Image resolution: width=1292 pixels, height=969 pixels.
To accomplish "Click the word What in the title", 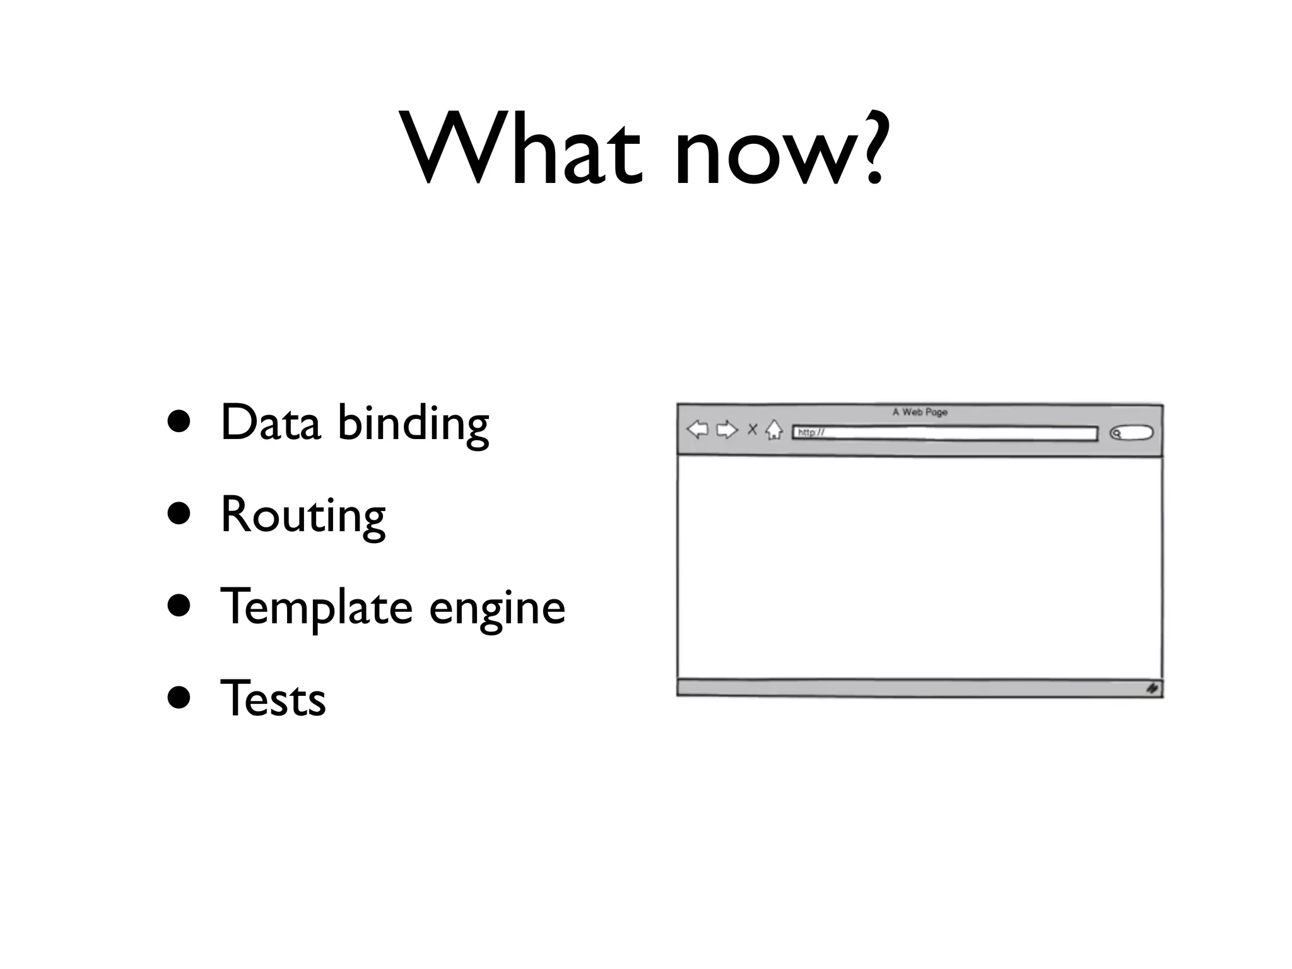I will tap(524, 151).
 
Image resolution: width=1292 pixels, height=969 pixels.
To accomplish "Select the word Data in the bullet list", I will tap(270, 422).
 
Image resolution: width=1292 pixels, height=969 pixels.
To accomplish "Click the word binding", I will tap(413, 425).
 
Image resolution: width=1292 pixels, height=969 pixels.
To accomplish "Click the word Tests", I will tap(273, 699).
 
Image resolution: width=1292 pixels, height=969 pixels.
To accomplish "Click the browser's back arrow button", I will tap(697, 430).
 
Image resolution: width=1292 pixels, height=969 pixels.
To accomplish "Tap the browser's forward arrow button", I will tap(727, 430).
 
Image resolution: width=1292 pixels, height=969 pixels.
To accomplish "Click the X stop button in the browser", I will tap(752, 430).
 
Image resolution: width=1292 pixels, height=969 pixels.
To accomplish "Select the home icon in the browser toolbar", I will tap(773, 430).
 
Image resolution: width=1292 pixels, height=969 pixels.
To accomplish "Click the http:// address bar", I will tap(944, 433).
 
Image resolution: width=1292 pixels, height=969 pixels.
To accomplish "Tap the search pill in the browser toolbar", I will tap(1131, 433).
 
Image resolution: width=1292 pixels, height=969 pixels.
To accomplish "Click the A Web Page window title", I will tap(920, 412).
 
